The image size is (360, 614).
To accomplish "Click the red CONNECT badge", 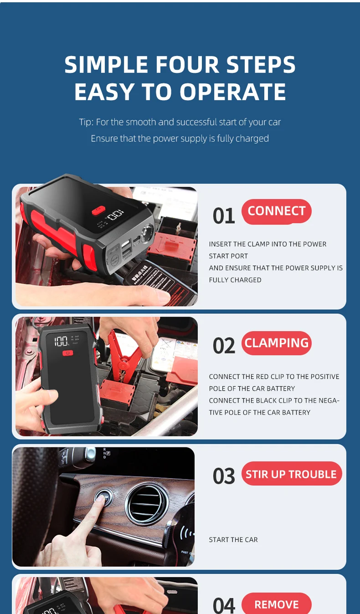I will tap(276, 211).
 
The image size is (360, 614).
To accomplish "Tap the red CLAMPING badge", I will tap(276, 343).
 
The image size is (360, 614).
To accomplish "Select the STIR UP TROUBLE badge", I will tap(291, 474).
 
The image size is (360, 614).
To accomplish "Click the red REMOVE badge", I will tap(276, 604).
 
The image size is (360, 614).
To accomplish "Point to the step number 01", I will tap(224, 216).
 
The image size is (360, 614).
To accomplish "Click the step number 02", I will tap(224, 346).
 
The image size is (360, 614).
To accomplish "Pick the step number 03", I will tap(224, 476).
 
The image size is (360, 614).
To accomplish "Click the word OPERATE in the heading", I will tap(233, 92).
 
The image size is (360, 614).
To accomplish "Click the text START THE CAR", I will tap(233, 540).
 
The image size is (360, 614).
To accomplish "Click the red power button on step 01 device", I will tap(98, 210).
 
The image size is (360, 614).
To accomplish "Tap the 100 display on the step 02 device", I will tap(62, 341).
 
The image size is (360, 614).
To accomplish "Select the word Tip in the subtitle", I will tap(85, 122).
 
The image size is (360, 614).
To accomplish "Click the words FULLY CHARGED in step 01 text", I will tap(235, 280).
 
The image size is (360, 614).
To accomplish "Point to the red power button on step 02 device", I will tap(67, 353).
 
